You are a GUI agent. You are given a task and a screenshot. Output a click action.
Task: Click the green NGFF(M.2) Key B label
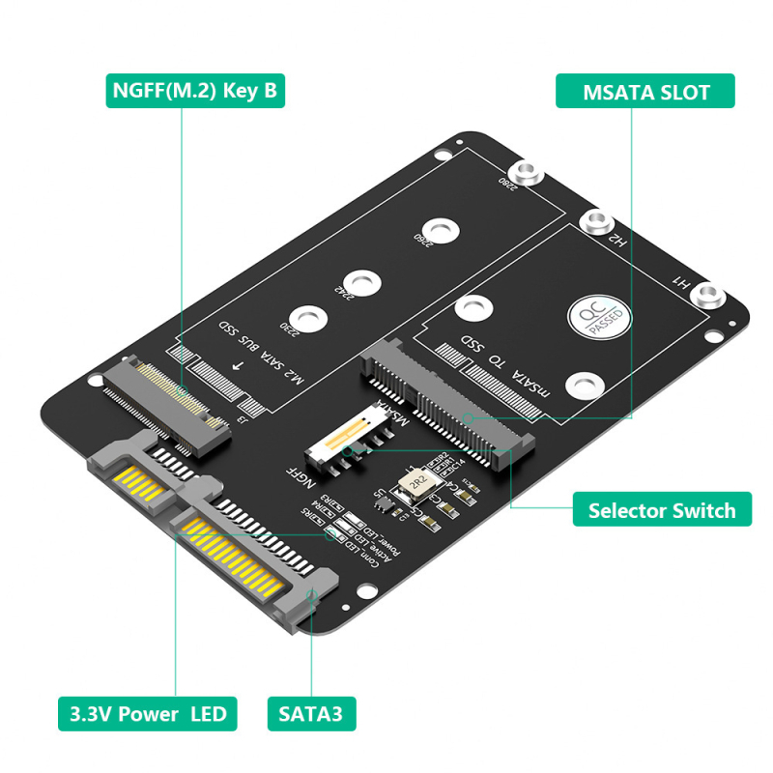[x=195, y=92]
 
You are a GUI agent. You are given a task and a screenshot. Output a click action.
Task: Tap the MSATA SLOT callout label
[x=645, y=92]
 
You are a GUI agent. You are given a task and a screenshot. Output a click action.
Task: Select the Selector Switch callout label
[x=662, y=510]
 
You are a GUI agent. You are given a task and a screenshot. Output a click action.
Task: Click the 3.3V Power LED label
[x=147, y=714]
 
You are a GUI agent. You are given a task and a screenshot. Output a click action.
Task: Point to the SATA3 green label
[x=311, y=714]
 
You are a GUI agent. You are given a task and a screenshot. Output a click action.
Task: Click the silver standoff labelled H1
[x=711, y=296]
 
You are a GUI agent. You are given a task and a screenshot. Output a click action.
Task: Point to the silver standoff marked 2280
[x=527, y=174]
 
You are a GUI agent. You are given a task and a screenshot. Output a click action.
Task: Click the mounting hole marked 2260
[x=441, y=230]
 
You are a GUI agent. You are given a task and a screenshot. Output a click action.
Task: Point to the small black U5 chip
[x=383, y=501]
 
